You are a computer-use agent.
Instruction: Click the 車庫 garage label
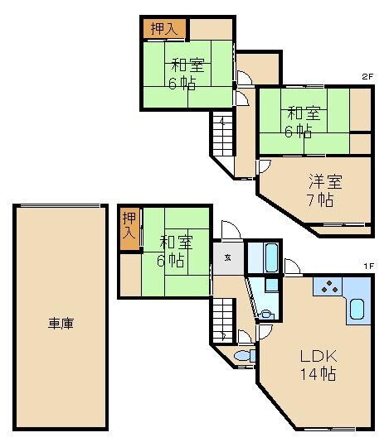click(x=60, y=324)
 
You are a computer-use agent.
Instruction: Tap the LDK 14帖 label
click(x=318, y=365)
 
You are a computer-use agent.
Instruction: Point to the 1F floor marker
click(x=368, y=266)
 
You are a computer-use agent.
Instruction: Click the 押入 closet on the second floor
click(x=163, y=28)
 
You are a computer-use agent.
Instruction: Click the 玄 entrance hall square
click(x=228, y=257)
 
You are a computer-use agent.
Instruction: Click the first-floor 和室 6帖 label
click(x=176, y=251)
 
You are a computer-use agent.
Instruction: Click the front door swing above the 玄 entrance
click(x=231, y=231)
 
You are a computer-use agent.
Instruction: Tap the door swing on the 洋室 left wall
click(x=263, y=166)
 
